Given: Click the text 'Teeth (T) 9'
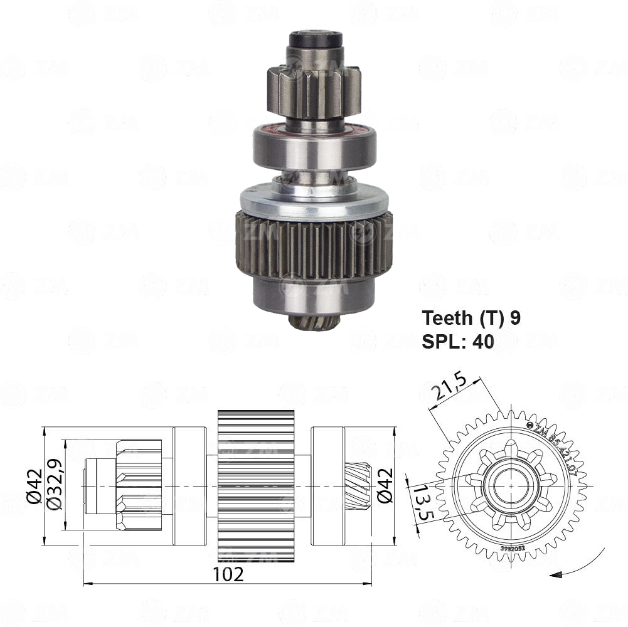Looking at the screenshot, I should click(x=471, y=318).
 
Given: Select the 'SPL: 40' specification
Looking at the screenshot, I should click(x=458, y=341).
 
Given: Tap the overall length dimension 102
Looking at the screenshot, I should click(x=228, y=574).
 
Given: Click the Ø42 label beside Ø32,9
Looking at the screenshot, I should click(x=35, y=487).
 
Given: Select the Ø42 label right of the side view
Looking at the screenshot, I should click(x=385, y=487).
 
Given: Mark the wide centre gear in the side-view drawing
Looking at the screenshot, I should click(x=256, y=486).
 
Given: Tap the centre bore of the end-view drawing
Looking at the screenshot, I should click(x=512, y=485).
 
